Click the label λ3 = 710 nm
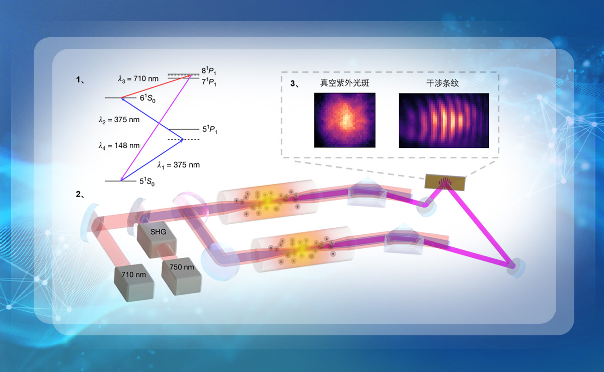pos(137,78)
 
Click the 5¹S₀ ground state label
pos(146,181)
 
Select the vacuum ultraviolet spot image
pos(345,121)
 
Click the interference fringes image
pos(443,121)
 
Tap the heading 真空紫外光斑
pos(345,83)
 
